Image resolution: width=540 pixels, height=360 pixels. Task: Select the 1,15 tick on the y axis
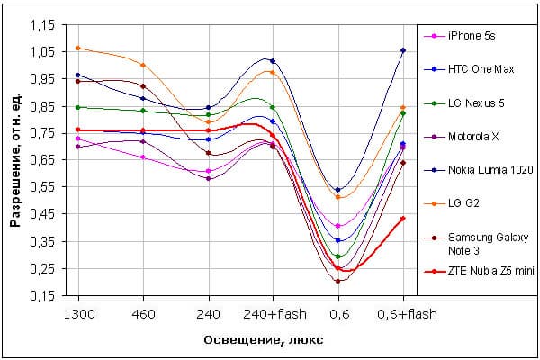click(43, 25)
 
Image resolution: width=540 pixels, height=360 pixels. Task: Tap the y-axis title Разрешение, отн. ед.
click(15, 160)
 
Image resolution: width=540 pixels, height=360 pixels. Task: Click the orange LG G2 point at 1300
click(78, 48)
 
